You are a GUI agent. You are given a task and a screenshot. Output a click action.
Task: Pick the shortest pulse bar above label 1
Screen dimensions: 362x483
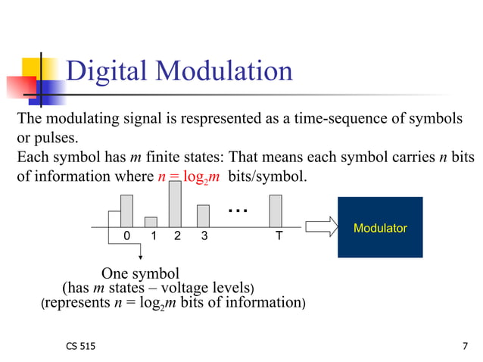151,221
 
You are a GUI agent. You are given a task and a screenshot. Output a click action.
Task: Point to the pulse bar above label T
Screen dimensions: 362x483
276,211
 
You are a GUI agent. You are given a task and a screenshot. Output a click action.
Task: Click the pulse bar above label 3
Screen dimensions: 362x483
203,216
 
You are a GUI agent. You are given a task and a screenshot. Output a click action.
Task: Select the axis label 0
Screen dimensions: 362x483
126,236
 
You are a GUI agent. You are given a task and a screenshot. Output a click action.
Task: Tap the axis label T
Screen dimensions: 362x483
279,236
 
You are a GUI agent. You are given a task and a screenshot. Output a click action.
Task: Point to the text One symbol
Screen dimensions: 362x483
140,273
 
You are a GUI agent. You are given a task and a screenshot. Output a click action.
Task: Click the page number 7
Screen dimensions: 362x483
464,347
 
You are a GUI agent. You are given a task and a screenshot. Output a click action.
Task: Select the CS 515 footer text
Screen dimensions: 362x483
81,347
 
